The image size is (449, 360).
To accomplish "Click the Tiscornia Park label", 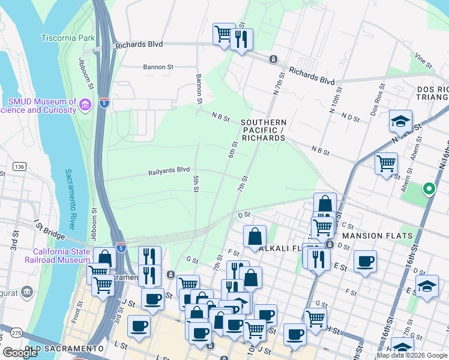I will (x=68, y=38).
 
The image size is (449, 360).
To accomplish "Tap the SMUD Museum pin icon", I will (x=85, y=106).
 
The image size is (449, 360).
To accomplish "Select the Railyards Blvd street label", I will (x=169, y=172).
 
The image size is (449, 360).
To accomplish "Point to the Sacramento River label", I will (x=70, y=199).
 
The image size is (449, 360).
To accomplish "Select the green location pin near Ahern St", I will (x=429, y=189).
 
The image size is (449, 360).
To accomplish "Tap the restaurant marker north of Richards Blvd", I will (x=241, y=40).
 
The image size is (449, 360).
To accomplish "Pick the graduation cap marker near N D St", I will (x=400, y=122).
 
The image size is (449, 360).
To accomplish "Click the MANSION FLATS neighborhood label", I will (x=378, y=236).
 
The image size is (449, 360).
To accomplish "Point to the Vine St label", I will (x=423, y=61).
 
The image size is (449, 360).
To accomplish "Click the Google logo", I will (x=20, y=353).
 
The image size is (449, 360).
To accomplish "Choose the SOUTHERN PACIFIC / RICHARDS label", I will (x=262, y=130).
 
